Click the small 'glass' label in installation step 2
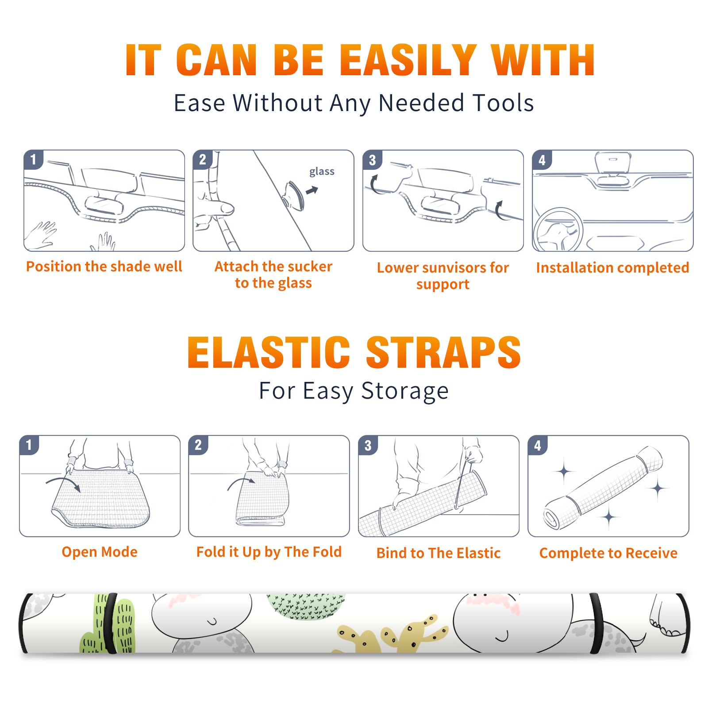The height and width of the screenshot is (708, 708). (322, 172)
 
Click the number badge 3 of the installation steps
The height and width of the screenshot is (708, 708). (372, 160)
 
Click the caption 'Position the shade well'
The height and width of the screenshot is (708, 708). (104, 266)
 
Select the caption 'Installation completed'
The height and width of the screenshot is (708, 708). (612, 268)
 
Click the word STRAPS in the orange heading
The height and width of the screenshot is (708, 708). (443, 352)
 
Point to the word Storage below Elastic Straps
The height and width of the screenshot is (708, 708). (405, 392)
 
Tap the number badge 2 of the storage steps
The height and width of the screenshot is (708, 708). (198, 445)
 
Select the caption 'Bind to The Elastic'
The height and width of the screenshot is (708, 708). (439, 553)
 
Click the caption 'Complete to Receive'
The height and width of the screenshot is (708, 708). (608, 553)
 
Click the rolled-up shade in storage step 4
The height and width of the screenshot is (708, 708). (603, 487)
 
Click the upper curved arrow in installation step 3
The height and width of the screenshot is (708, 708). (374, 185)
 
